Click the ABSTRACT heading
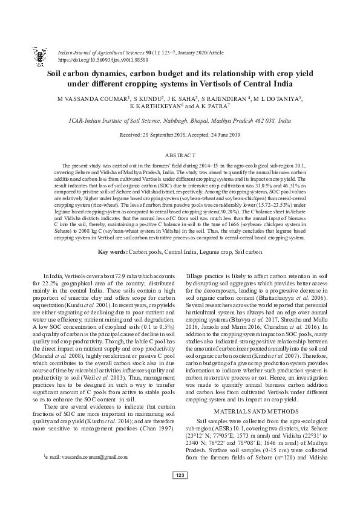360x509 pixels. [x=180, y=155]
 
